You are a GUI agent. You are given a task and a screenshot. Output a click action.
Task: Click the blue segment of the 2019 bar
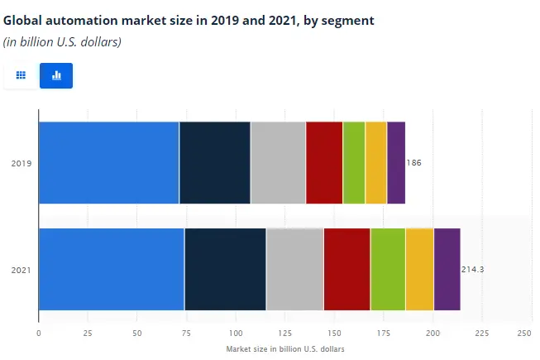tap(108, 162)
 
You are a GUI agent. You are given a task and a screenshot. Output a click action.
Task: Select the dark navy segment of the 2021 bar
tap(225, 269)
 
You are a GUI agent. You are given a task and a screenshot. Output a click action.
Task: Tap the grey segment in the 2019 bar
tap(278, 162)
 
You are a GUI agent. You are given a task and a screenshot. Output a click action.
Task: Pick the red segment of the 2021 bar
tap(346, 269)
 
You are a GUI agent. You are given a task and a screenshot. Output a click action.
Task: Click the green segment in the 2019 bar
tap(354, 162)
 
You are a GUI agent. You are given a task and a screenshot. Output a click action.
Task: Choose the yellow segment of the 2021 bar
tap(419, 269)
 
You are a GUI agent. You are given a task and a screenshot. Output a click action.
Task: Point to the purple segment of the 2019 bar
tap(396, 162)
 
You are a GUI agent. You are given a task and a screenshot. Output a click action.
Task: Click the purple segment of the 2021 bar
tap(447, 269)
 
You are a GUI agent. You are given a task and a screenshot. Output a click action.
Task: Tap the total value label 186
tap(414, 163)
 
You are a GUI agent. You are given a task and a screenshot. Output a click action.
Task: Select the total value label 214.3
tap(472, 270)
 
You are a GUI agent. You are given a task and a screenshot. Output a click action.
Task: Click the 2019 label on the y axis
tap(21, 163)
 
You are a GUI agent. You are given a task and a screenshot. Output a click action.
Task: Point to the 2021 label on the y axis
tap(21, 270)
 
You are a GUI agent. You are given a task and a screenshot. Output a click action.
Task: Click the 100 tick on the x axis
tap(236, 333)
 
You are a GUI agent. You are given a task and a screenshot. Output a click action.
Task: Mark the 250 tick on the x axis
tap(524, 333)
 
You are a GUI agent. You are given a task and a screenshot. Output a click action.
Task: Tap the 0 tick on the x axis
tap(39, 333)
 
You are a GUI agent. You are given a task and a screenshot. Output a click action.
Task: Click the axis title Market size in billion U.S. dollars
tap(284, 349)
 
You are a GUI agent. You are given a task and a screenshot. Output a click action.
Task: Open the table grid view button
tap(21, 75)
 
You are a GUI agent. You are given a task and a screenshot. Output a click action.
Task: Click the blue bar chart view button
tap(56, 75)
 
